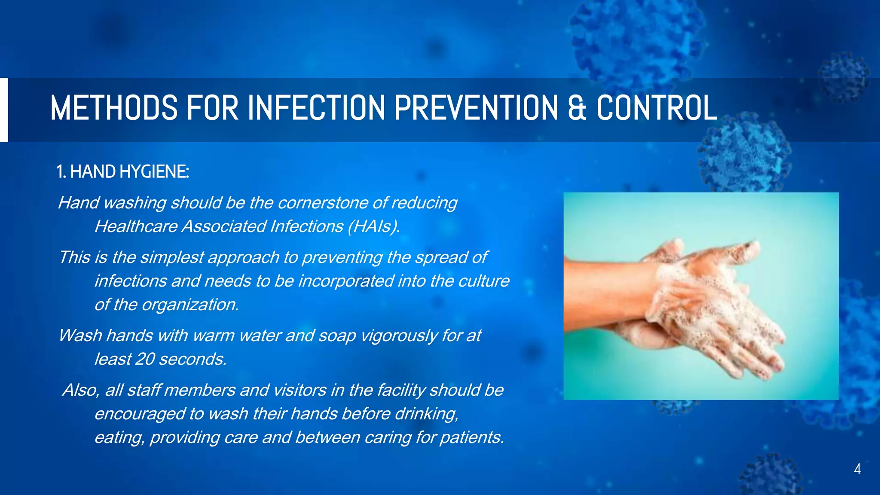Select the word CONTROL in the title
[x=657, y=108]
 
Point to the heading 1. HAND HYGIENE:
[x=122, y=172]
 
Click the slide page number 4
[x=857, y=469]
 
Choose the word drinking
[x=426, y=414]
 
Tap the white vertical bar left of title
[x=4, y=110]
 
